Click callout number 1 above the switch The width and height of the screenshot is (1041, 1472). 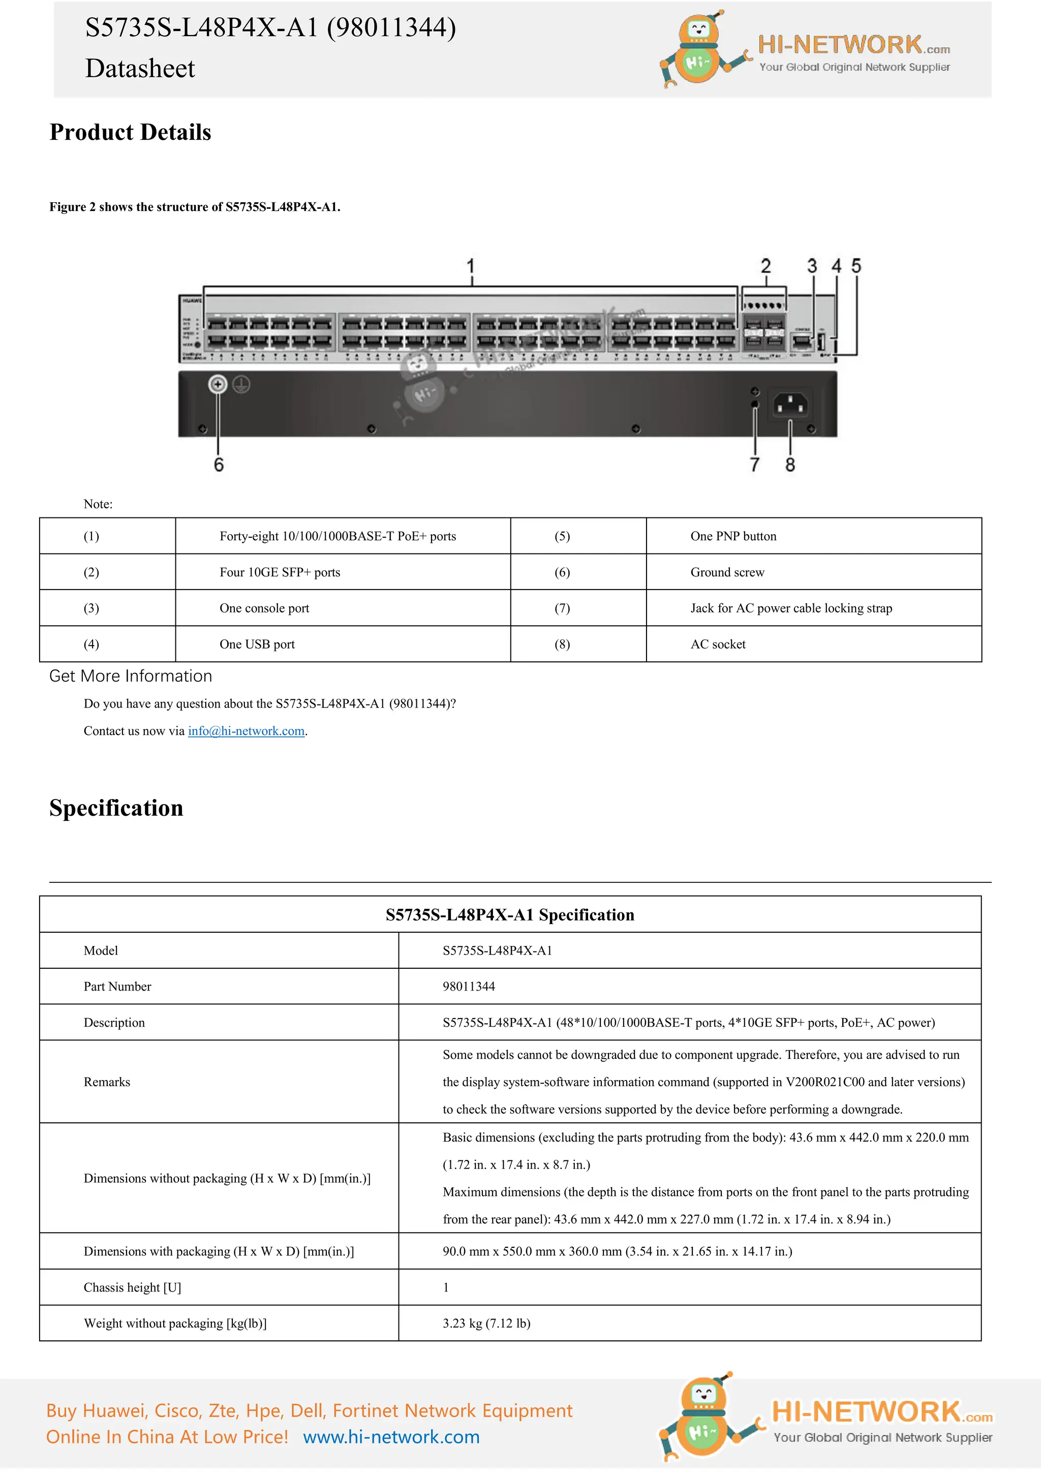[x=471, y=266]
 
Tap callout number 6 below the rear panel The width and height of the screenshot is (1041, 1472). [x=219, y=464]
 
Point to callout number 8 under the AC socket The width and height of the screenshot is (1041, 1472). [x=790, y=464]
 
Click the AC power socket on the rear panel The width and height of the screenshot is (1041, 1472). [x=790, y=405]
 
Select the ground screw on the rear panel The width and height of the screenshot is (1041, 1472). [x=218, y=384]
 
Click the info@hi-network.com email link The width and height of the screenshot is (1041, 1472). [x=246, y=731]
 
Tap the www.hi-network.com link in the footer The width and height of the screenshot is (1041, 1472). [x=391, y=1437]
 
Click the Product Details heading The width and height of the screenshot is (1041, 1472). [x=130, y=132]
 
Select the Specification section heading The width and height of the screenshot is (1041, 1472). [x=116, y=808]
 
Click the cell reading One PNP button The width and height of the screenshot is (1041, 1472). [x=732, y=536]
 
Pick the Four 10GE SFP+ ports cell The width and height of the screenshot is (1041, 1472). [x=280, y=572]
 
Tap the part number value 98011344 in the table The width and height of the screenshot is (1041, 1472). [x=469, y=986]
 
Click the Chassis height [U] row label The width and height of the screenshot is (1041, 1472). [x=132, y=1287]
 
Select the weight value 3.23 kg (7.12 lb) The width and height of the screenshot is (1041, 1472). [x=486, y=1323]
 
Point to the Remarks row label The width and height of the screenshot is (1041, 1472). [x=106, y=1082]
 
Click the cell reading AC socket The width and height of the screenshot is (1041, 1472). [x=717, y=643]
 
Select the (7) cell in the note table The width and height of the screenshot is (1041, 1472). [x=562, y=608]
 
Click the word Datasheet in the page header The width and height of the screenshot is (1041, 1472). [x=140, y=69]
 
